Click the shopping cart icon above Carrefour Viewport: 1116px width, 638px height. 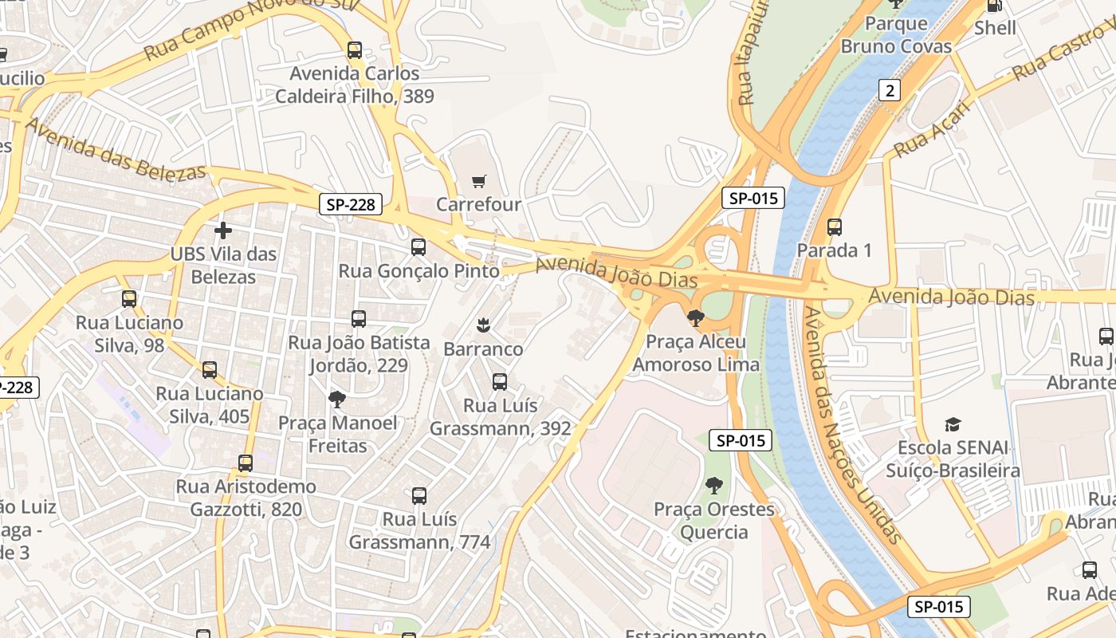478,181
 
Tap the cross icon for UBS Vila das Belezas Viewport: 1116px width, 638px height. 223,231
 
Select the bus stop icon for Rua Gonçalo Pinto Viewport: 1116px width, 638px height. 418,247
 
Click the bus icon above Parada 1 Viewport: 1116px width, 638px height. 835,227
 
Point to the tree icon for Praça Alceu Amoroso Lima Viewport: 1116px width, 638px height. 695,318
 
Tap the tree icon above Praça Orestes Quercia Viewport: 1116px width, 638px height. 714,485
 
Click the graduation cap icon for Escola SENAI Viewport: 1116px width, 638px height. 953,424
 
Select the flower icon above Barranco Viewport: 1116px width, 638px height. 482,325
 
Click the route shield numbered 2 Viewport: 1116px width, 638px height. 890,90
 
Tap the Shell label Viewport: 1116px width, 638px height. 995,28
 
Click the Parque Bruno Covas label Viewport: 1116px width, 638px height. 896,35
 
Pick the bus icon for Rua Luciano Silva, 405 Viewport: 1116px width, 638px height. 210,370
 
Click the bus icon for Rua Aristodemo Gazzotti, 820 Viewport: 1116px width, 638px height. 246,463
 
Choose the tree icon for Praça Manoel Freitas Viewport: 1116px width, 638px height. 337,399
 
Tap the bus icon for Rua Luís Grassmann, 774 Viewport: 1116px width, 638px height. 419,496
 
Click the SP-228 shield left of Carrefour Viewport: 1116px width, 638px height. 351,204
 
